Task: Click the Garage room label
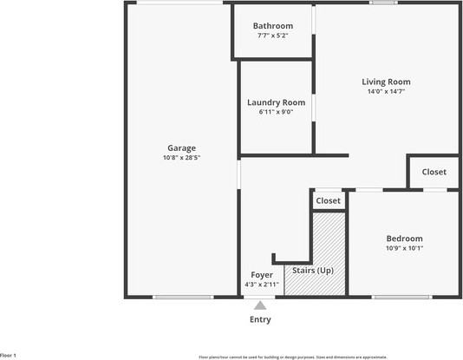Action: click(x=181, y=147)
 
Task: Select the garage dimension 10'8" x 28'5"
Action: click(x=181, y=158)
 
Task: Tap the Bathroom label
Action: click(x=272, y=26)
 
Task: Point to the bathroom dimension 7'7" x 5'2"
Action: click(x=272, y=36)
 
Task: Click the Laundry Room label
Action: click(x=276, y=102)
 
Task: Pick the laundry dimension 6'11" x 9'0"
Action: click(x=276, y=112)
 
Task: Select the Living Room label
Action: click(x=386, y=82)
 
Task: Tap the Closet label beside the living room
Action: click(x=434, y=172)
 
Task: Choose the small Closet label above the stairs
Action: click(x=328, y=200)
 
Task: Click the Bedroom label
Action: click(x=404, y=239)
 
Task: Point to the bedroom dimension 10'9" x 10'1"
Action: click(x=404, y=248)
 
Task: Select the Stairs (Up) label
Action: click(x=312, y=271)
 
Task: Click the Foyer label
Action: click(x=261, y=274)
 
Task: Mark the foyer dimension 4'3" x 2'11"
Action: click(x=261, y=285)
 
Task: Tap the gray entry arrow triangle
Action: click(x=260, y=304)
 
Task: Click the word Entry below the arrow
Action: click(x=260, y=319)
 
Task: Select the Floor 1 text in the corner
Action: click(x=9, y=355)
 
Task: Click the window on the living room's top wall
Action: click(x=383, y=3)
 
